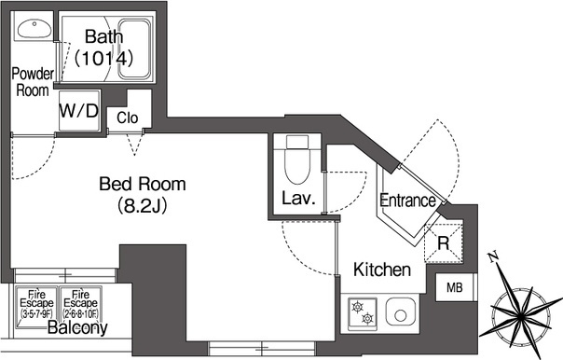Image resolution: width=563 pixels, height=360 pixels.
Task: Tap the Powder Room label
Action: coord(30,82)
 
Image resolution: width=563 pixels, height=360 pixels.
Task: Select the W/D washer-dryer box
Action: coord(78,110)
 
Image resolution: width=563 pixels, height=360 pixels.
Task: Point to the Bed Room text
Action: coord(142,183)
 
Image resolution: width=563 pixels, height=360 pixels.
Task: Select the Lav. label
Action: coord(298,199)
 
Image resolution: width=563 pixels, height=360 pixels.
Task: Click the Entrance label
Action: coord(407,201)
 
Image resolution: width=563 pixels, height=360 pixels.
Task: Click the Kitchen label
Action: coord(382,270)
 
